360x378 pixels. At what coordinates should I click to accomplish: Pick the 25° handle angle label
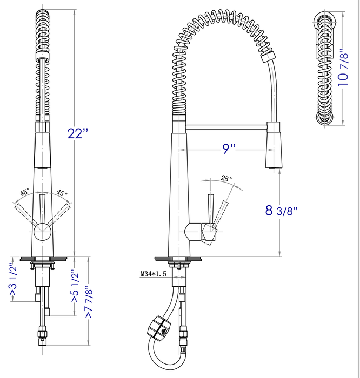tap(226, 178)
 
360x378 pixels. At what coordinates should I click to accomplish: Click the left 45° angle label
tap(25, 192)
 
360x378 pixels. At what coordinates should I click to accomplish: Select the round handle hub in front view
tap(42, 233)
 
